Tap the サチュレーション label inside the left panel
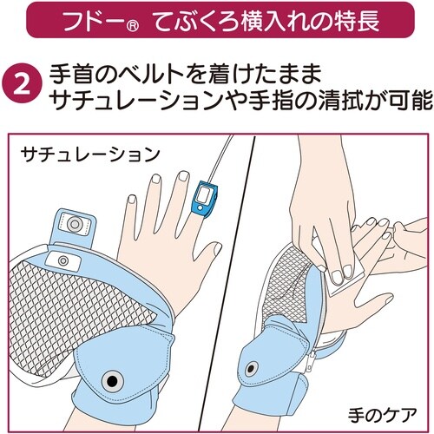[x=90, y=154]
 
